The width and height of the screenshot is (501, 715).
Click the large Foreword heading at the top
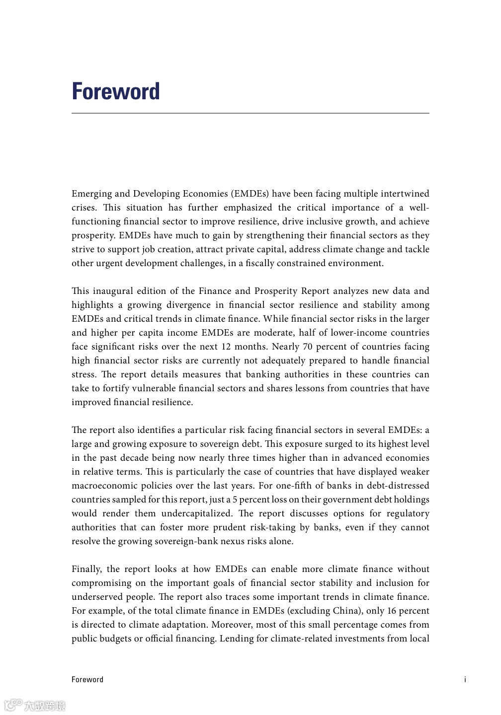(x=116, y=91)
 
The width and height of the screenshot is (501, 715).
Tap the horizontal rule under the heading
(x=250, y=113)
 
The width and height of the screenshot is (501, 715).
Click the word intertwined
(x=405, y=194)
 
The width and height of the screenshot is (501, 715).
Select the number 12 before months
(x=226, y=347)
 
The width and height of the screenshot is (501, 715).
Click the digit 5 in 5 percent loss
(x=235, y=500)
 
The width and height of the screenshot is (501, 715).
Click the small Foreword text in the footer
(x=87, y=680)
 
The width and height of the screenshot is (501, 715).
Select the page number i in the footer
(x=465, y=680)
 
